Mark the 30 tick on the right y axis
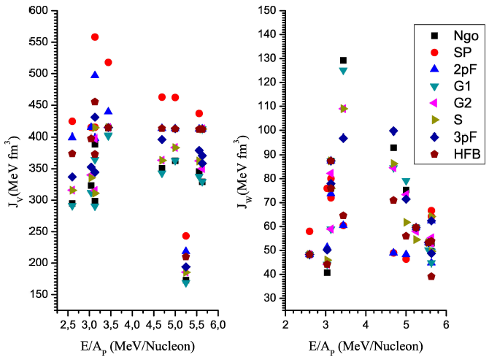point(272,298)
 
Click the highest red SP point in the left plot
point(95,37)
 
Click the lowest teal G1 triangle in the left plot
point(186,283)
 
